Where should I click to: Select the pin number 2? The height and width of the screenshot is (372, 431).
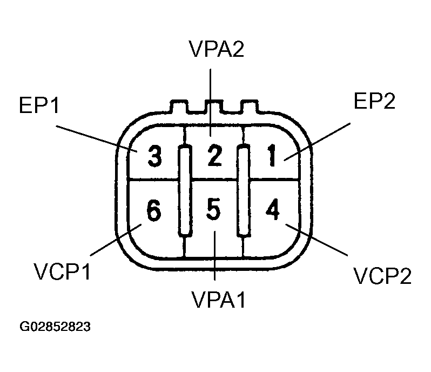tap(214, 156)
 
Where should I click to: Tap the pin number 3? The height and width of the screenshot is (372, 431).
tap(154, 157)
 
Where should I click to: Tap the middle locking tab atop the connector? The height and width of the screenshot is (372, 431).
tap(215, 107)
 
